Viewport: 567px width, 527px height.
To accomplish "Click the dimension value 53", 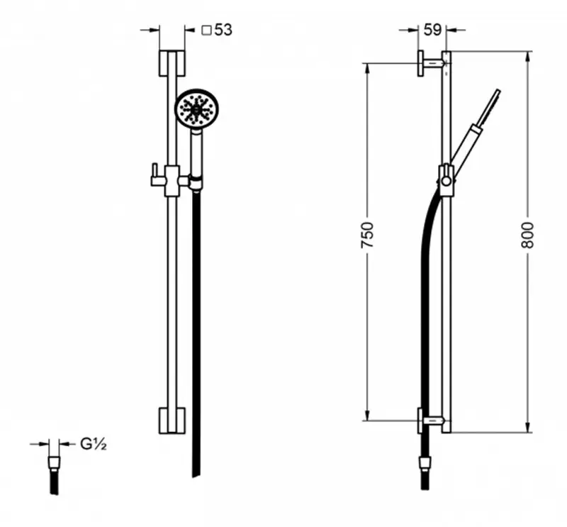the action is point(223,30).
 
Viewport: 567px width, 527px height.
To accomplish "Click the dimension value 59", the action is point(432,30).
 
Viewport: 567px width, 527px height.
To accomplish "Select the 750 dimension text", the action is point(367,235).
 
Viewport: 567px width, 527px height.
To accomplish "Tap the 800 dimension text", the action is point(527,235).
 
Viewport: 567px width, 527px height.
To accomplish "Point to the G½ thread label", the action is point(94,444).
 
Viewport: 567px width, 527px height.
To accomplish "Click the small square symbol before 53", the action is point(206,30).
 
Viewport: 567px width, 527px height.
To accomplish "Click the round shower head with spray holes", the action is point(197,108).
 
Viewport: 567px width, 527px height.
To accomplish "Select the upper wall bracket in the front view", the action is point(172,64).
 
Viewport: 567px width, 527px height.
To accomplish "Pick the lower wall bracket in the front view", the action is point(172,420).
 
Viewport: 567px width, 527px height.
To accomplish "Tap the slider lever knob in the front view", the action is point(155,174).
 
